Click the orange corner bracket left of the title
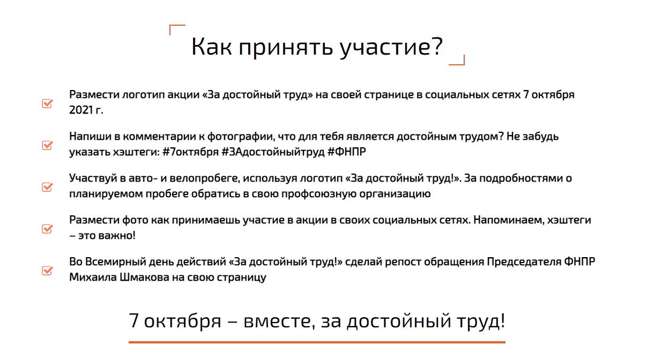click(176, 28)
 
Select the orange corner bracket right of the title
click(458, 62)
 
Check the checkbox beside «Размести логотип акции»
click(47, 103)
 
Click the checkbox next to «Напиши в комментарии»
click(47, 145)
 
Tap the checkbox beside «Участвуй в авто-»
click(47, 187)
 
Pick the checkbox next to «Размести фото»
click(47, 229)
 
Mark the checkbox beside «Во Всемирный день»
click(47, 271)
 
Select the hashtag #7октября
click(190, 152)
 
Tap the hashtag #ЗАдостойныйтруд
click(273, 152)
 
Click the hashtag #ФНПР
click(346, 152)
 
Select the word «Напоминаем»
click(509, 220)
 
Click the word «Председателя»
click(524, 262)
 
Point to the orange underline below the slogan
click(317, 342)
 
